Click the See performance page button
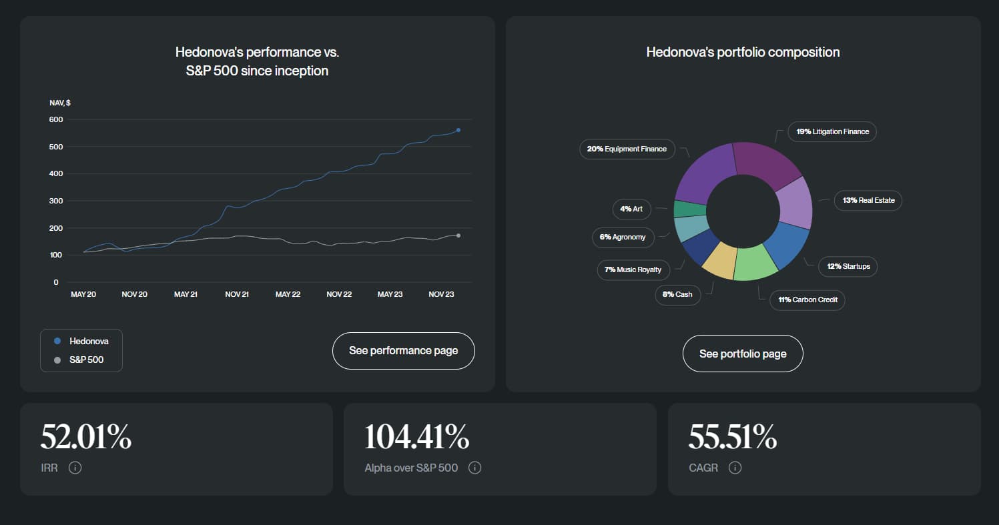click(403, 350)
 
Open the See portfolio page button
click(743, 354)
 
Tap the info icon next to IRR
click(75, 468)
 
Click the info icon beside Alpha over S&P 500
click(474, 468)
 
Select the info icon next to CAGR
click(735, 468)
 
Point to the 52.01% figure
click(86, 438)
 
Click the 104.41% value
click(416, 438)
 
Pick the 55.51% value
click(732, 438)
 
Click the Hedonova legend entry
click(81, 341)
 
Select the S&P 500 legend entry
click(81, 360)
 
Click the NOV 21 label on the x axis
click(237, 294)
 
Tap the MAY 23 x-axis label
click(390, 294)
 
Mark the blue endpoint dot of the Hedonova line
click(458, 130)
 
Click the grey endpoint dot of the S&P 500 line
click(458, 235)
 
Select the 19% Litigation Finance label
click(832, 131)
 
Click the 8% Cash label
click(678, 294)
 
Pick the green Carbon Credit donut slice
click(755, 261)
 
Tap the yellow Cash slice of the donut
click(718, 259)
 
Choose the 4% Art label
click(631, 209)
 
